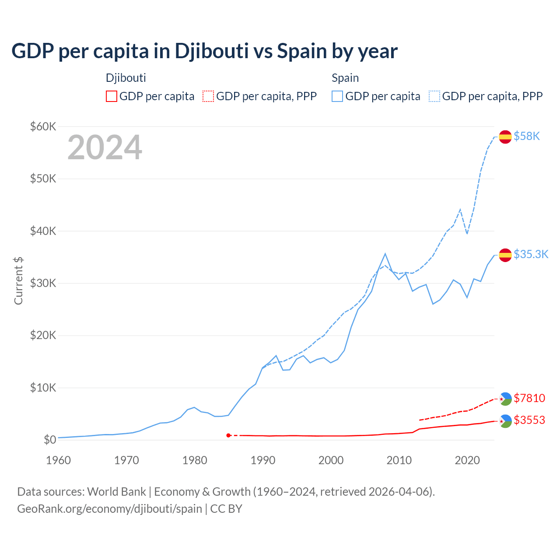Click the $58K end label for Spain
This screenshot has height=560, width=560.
[527, 136]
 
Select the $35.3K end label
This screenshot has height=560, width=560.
[531, 254]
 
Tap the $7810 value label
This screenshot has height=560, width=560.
[529, 398]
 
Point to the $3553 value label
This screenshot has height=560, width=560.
[529, 420]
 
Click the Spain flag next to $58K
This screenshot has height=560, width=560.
[505, 136]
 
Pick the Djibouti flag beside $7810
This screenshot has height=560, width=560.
[505, 399]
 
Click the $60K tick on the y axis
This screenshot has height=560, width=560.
[43, 126]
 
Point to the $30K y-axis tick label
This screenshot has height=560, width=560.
[43, 283]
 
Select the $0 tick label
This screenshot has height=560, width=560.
[50, 440]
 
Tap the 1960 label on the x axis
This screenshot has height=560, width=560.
[58, 460]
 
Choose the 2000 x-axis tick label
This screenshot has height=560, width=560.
[331, 460]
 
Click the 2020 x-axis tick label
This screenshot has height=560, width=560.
[467, 460]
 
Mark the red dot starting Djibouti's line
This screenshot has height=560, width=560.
[228, 435]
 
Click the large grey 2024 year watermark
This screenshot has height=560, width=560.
[105, 147]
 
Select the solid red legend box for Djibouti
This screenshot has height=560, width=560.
[112, 96]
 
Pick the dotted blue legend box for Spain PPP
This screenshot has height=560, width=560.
[434, 96]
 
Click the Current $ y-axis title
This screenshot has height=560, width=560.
[18, 281]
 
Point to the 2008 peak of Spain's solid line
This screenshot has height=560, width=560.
[385, 254]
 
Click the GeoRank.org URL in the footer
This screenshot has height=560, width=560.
[109, 509]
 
